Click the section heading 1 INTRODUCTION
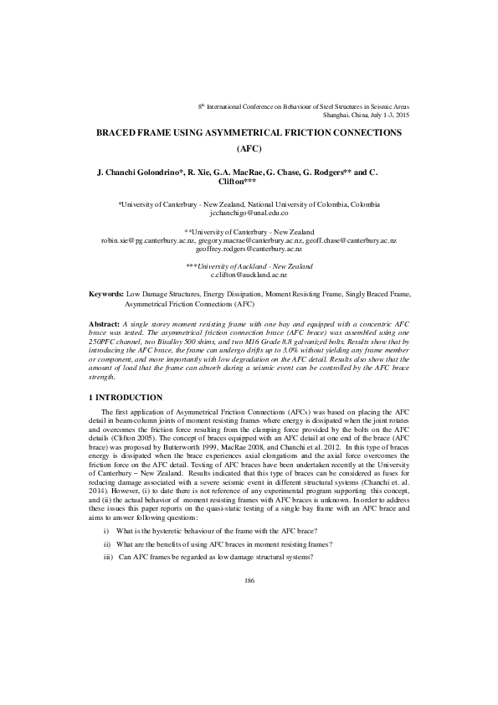pyautogui.click(x=131, y=395)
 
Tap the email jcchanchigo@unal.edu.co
pyautogui.click(x=249, y=214)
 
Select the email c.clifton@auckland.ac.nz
pyautogui.click(x=249, y=274)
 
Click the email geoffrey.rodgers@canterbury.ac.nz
pyautogui.click(x=249, y=250)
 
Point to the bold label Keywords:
pyautogui.click(x=106, y=295)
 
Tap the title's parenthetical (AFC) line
pyautogui.click(x=249, y=150)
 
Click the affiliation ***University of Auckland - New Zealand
pyautogui.click(x=249, y=265)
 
